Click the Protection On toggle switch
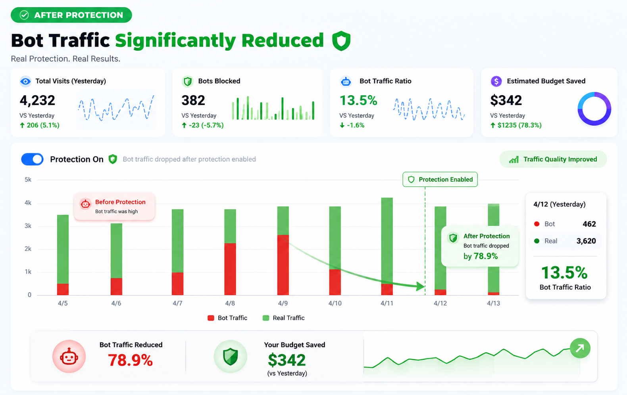[32, 159]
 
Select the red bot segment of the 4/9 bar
[283, 265]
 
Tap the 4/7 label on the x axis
[177, 303]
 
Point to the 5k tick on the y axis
[28, 180]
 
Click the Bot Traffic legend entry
[227, 318]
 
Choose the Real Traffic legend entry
[284, 318]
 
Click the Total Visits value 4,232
[37, 100]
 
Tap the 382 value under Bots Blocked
[193, 100]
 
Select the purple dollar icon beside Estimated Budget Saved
[496, 81]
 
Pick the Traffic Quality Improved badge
[553, 159]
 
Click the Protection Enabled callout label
[440, 179]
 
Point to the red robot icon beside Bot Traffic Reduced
[69, 357]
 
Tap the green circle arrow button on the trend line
[580, 348]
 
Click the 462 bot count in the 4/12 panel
[589, 224]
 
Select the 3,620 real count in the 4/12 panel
[586, 241]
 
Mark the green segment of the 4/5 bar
[63, 249]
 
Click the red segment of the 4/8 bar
[230, 269]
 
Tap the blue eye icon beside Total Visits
[25, 81]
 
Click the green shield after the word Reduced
[341, 41]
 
